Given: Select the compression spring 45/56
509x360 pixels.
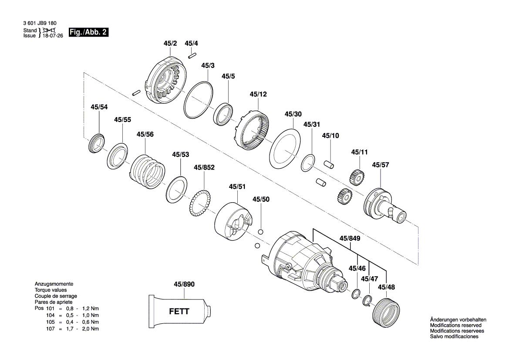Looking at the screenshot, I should click(148, 172).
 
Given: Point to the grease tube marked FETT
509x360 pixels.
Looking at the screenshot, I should click(179, 312).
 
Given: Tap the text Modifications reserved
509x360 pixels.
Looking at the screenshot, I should click(455, 326).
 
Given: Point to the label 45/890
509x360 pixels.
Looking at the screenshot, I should click(184, 284).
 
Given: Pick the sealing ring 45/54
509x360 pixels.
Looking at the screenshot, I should click(97, 142).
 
